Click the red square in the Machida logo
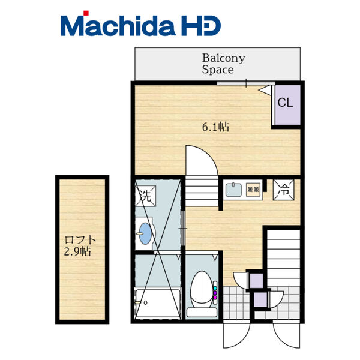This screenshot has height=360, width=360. pyautogui.click(x=86, y=13)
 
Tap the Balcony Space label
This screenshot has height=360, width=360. pyautogui.click(x=223, y=64)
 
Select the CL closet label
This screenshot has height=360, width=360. pyautogui.click(x=285, y=103)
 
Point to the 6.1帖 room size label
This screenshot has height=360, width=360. pyautogui.click(x=215, y=127)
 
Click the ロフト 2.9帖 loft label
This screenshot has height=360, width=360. pyautogui.click(x=80, y=245)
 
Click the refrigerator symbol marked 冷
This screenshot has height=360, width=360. pyautogui.click(x=284, y=190)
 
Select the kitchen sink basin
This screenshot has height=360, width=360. pyautogui.click(x=233, y=190)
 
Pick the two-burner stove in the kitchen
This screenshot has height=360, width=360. pyautogui.click(x=253, y=190)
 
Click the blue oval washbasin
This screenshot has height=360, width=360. pyautogui.click(x=145, y=233)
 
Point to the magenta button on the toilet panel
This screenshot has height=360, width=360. pyautogui.click(x=215, y=298)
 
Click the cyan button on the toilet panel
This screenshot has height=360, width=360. pyautogui.click(x=215, y=288)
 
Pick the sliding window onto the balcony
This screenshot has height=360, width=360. pyautogui.click(x=246, y=83)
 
